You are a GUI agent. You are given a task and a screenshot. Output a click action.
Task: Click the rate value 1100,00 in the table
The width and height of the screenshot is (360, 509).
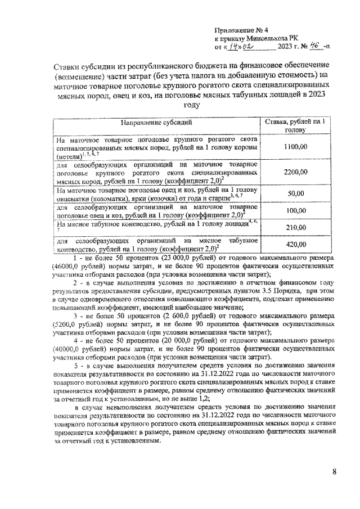coord(295,146)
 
